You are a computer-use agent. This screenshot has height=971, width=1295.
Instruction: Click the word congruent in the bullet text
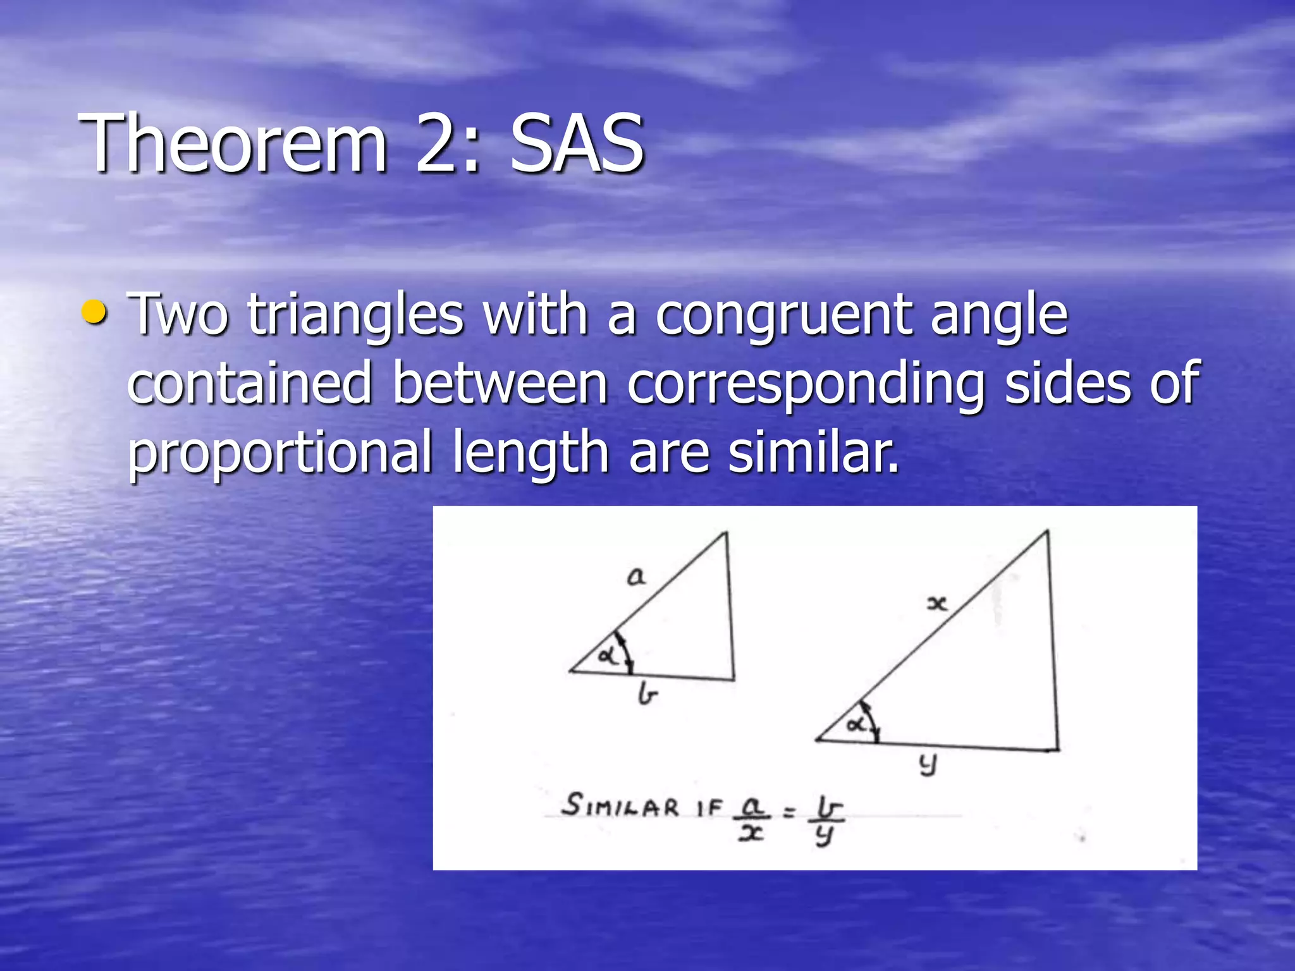point(783,316)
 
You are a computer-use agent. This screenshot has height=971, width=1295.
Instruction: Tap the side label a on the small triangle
point(636,577)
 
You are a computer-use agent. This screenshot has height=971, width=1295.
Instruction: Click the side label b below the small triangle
point(647,695)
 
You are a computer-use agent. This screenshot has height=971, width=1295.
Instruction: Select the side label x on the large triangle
point(936,604)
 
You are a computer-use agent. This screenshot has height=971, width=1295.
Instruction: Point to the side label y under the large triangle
point(928,766)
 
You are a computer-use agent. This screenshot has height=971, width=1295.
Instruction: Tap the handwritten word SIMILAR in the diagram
point(620,806)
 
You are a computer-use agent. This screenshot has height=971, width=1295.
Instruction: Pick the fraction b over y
point(825,820)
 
